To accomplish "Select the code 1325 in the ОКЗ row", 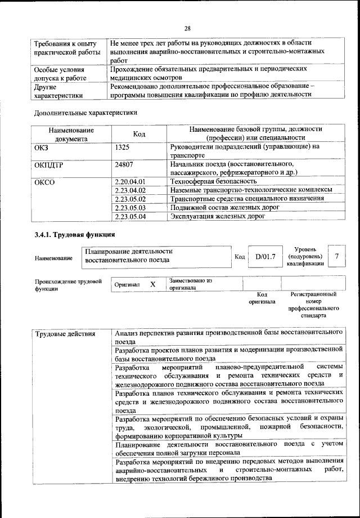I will pyautogui.click(x=122, y=146).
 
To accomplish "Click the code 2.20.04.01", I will pyautogui.click(x=130, y=181).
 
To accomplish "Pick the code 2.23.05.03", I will pyautogui.click(x=130, y=207).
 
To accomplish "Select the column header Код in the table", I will pyautogui.click(x=139, y=134).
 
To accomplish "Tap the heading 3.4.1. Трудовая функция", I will pyautogui.click(x=74, y=235).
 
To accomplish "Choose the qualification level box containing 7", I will pyautogui.click(x=336, y=256).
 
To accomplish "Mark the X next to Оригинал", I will pyautogui.click(x=152, y=284).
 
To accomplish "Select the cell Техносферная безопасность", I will pyautogui.click(x=213, y=181).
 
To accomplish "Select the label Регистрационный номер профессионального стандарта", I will pyautogui.click(x=313, y=305).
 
